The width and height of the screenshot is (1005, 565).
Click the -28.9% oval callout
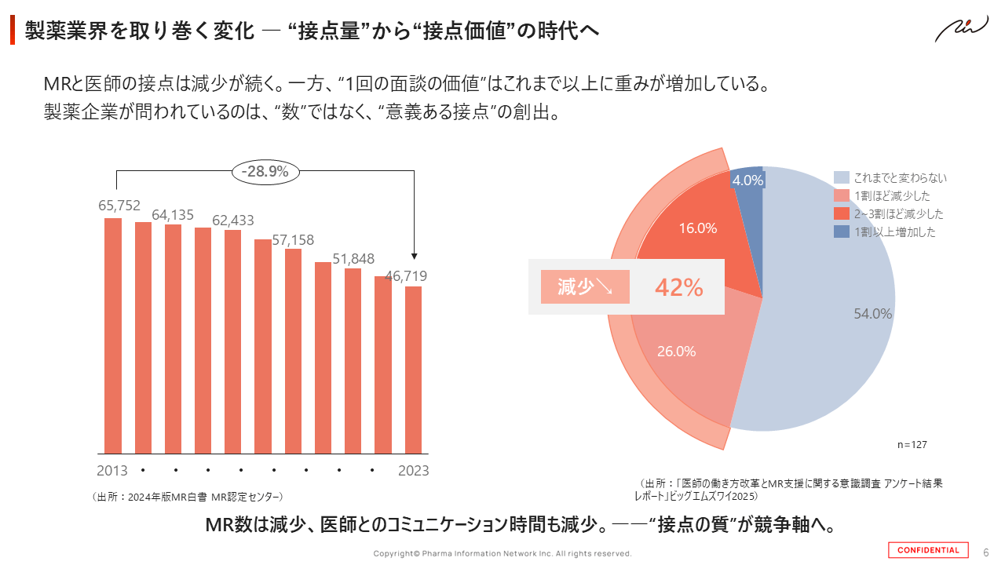265,170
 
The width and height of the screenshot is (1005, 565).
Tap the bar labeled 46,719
413,370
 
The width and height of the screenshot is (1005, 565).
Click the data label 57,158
293,240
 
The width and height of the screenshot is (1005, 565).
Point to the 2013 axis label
112,471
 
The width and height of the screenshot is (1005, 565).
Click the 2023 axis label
413,471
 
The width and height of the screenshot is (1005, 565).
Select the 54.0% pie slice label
873,314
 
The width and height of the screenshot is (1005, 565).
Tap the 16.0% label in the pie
698,228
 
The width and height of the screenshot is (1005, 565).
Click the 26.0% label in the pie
676,352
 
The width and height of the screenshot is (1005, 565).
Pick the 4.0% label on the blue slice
747,180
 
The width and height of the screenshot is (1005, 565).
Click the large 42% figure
678,287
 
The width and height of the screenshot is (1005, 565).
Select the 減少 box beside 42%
585,287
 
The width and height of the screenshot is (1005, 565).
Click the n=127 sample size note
912,444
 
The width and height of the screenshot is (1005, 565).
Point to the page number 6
986,550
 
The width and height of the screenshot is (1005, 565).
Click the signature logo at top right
962,30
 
